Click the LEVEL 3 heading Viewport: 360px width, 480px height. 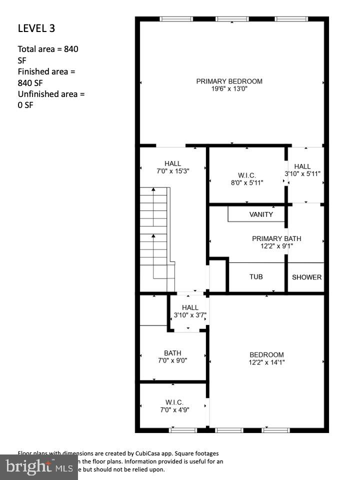36,28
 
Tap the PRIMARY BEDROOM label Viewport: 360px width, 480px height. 229,81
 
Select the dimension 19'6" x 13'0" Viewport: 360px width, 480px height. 229,89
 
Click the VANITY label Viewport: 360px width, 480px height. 261,214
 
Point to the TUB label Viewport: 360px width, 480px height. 256,276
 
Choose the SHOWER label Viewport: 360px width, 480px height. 306,277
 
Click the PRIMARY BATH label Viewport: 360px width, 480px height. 276,238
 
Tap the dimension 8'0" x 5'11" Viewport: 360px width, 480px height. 247,182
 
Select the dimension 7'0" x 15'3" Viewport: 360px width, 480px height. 172,170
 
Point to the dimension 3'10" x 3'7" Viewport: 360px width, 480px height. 190,315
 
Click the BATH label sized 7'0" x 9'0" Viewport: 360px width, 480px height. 172,353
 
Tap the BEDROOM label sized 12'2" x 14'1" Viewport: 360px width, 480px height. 266,354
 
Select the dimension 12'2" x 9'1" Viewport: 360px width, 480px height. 276,246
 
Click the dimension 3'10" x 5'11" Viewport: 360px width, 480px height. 302,174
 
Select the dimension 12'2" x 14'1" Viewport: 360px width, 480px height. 266,362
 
